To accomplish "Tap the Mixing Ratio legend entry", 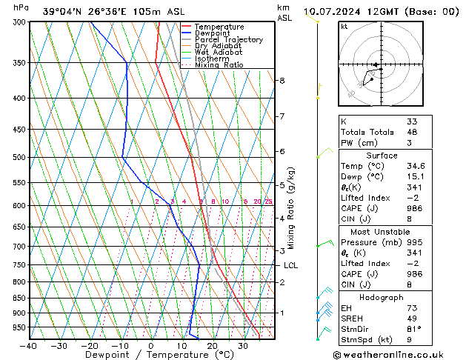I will [x=219, y=65].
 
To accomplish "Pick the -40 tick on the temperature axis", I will [x=29, y=345].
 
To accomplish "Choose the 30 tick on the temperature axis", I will [x=243, y=345].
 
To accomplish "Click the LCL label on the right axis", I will [x=291, y=265].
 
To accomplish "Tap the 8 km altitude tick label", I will [x=282, y=80].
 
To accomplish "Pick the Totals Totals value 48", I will [x=412, y=132].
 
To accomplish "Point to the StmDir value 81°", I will [x=414, y=329].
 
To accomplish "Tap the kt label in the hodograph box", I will [x=344, y=27].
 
